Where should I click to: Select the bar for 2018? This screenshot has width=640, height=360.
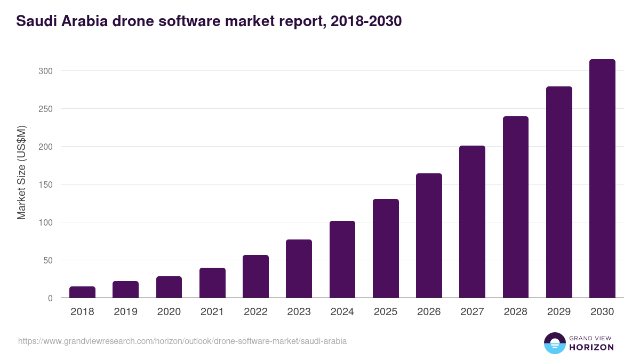82,292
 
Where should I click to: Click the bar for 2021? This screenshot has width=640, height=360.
212,283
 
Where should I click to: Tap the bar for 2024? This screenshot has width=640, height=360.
342,259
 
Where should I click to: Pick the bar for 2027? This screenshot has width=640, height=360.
472,221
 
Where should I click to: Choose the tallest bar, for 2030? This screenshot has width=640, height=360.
602,179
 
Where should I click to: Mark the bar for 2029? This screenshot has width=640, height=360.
559,192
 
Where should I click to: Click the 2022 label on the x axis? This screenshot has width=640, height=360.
255,312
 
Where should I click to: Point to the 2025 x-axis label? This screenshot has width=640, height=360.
386,312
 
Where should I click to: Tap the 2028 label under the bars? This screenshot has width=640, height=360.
515,312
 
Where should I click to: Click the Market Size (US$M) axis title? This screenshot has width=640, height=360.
21,172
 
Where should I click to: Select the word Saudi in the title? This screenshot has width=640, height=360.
35,21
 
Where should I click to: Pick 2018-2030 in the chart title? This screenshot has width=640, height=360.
366,21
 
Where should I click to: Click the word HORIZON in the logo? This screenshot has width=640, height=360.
591,347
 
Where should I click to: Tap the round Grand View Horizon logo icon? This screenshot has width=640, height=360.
555,343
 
